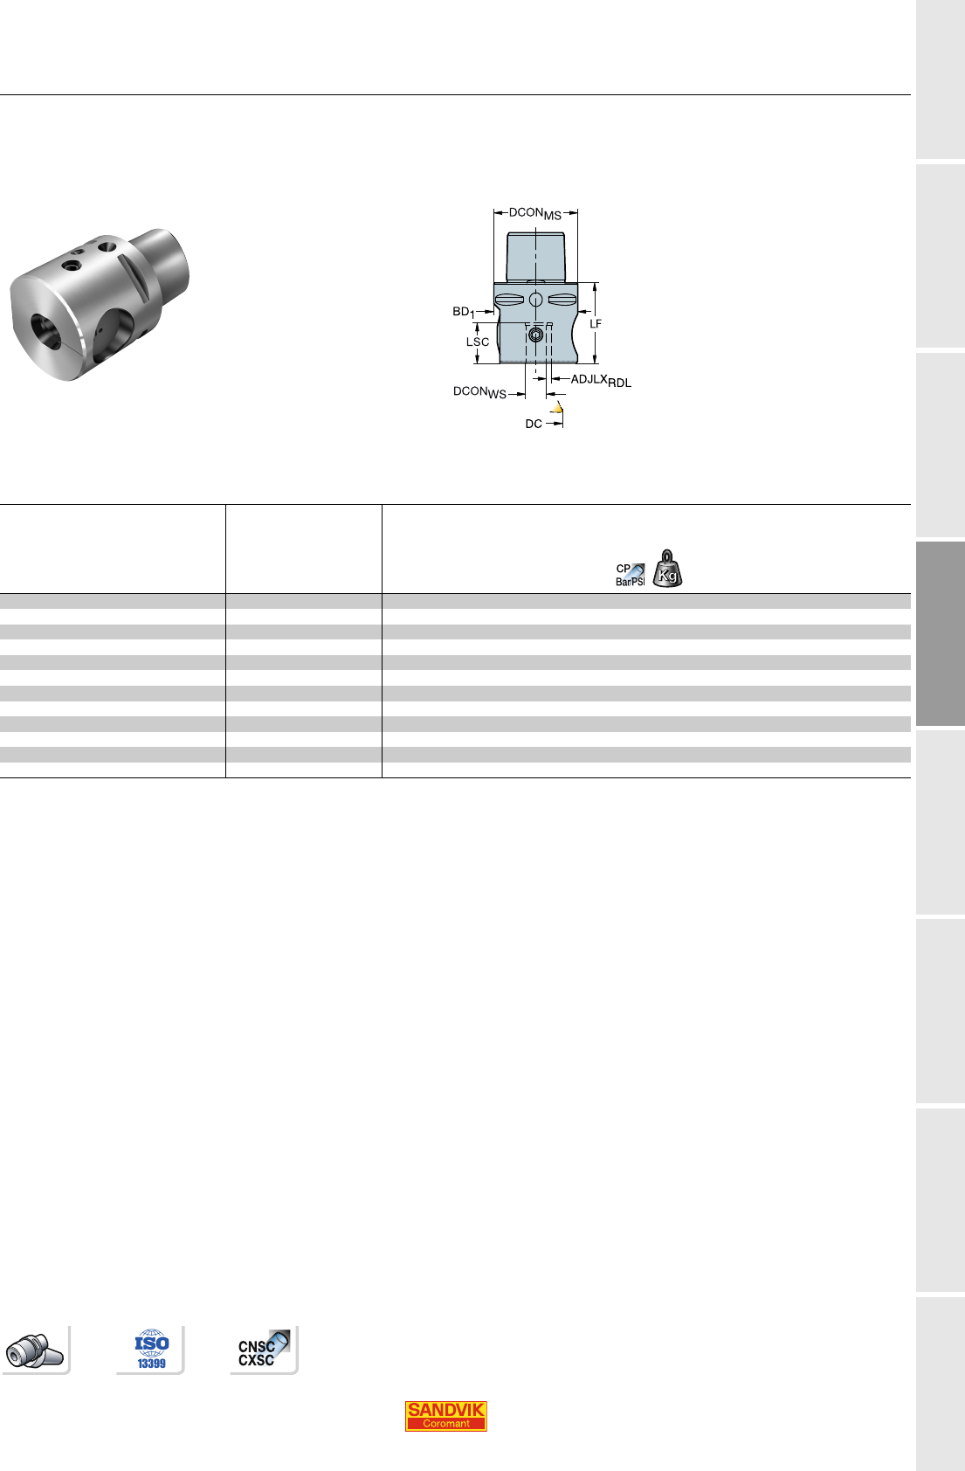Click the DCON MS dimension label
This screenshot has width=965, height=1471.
tap(535, 213)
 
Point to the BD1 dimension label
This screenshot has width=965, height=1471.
tap(463, 312)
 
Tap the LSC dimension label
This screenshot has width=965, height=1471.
tap(477, 342)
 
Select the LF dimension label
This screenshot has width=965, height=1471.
tap(596, 324)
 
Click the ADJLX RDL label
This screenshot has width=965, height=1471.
tap(601, 380)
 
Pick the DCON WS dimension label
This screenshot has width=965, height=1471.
tap(479, 392)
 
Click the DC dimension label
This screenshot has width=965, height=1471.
tap(534, 425)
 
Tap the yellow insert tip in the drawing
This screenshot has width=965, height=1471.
tap(557, 409)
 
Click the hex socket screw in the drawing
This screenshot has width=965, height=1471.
tap(535, 335)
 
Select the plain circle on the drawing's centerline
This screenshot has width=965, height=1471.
tap(535, 300)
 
